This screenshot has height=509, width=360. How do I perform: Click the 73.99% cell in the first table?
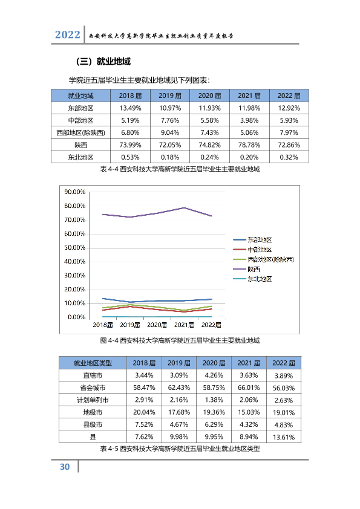click(130, 144)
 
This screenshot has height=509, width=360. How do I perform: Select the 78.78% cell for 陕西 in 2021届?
click(249, 144)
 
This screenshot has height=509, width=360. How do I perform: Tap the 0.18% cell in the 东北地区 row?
click(170, 157)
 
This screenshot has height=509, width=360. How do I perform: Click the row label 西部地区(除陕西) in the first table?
click(80, 132)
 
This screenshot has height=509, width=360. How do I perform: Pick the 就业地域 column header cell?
click(80, 96)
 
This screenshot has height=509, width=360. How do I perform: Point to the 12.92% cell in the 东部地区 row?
click(289, 108)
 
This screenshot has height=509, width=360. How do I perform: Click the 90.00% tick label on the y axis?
click(75, 192)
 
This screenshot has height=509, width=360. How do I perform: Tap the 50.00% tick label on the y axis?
click(75, 248)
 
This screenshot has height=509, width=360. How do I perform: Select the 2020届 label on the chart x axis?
click(157, 325)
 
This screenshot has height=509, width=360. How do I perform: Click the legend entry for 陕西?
click(247, 269)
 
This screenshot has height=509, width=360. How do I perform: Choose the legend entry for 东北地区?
click(252, 279)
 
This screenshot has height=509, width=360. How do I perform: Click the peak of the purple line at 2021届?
click(184, 208)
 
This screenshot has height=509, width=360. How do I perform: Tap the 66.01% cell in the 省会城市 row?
click(249, 387)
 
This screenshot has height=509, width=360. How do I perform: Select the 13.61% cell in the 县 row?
click(284, 437)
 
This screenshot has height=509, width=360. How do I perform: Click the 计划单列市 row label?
click(93, 400)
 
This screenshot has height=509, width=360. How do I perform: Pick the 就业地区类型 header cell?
click(93, 363)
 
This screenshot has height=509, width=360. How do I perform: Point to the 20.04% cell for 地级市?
click(144, 412)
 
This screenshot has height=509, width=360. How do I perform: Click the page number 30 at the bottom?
click(65, 467)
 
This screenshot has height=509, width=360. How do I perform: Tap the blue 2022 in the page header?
click(67, 34)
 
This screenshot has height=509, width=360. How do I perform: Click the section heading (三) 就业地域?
click(103, 61)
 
